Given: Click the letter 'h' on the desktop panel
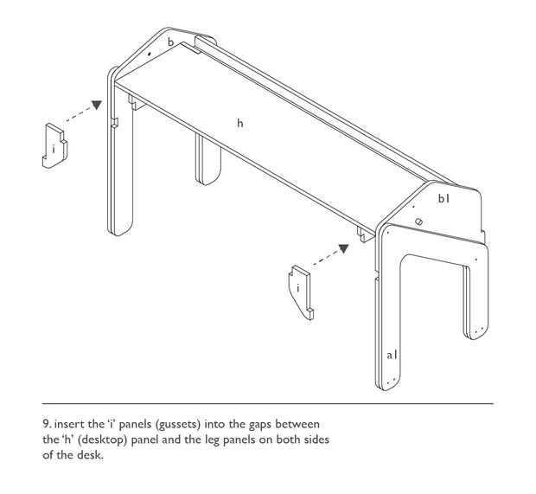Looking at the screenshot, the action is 240,123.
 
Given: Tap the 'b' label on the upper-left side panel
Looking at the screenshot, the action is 171,42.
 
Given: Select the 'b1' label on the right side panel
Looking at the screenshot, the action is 443,198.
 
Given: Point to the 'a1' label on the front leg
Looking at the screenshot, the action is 392,355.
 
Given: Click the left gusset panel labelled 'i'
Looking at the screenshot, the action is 54,145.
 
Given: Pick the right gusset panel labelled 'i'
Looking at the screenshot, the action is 301,292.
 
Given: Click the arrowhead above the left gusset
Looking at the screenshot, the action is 97,105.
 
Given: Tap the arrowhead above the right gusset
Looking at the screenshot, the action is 343,248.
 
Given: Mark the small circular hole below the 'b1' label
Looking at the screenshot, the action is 419,221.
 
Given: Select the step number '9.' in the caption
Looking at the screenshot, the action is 48,424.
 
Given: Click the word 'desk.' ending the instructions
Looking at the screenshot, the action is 90,455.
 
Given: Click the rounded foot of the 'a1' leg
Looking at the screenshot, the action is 388,384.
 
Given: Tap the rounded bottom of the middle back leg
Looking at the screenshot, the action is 208,178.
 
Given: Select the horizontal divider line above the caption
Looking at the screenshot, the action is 268,404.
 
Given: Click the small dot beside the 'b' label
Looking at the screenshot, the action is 149,54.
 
